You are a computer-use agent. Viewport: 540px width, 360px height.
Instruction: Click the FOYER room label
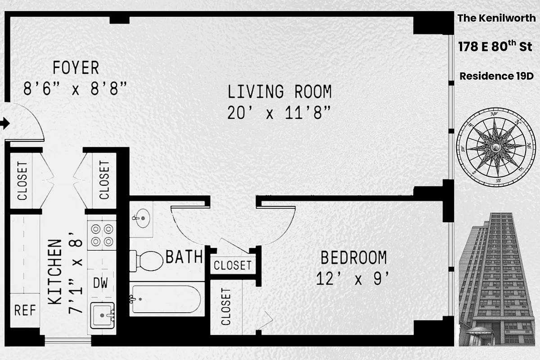point(76,68)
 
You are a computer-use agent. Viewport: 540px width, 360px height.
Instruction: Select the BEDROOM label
point(353,258)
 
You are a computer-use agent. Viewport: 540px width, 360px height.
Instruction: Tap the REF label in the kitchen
point(25,310)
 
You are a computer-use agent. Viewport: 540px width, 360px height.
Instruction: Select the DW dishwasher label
point(100,283)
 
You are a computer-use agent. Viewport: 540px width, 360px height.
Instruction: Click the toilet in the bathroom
point(148,260)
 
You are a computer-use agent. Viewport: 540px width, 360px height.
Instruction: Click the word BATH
point(184,257)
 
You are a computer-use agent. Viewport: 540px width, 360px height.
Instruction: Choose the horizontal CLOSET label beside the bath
point(232,265)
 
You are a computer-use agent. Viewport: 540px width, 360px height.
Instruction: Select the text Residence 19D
point(496,76)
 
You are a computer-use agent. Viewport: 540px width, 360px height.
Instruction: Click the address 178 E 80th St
point(495,46)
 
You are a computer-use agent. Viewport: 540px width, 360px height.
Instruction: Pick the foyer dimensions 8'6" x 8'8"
point(74,89)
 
